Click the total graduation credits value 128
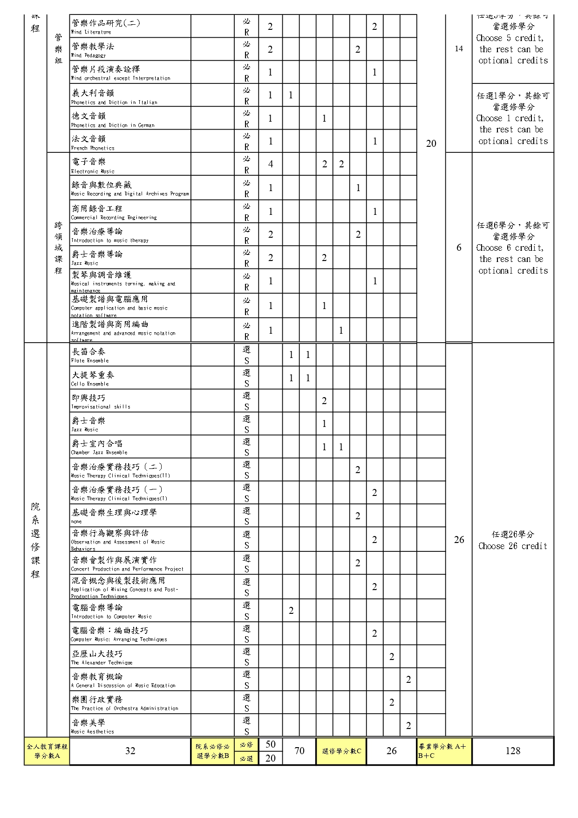(513, 751)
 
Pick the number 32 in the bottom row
(130, 751)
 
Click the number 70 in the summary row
(299, 751)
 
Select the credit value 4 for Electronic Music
(270, 164)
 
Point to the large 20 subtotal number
(431, 144)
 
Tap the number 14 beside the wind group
(459, 48)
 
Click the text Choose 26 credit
(512, 546)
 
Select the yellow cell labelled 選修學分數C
(341, 751)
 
